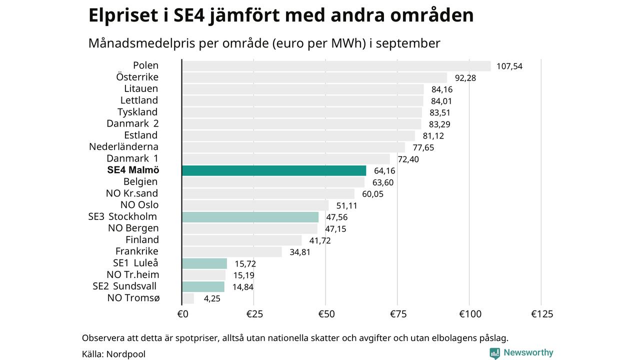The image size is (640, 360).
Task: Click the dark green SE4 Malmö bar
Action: pyautogui.click(x=274, y=170)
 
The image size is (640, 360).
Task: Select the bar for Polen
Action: pyautogui.click(x=336, y=66)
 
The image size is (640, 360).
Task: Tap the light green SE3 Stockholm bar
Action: pyautogui.click(x=250, y=217)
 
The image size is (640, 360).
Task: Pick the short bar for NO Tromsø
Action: pyautogui.click(x=188, y=298)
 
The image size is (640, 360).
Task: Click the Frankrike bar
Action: pyautogui.click(x=231, y=251)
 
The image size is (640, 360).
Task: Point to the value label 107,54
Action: pyautogui.click(x=509, y=66)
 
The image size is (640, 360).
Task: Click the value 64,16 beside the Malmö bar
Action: pyautogui.click(x=384, y=171)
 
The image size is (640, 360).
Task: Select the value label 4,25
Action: pyautogui.click(x=212, y=298)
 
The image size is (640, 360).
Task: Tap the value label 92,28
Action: pyautogui.click(x=465, y=77)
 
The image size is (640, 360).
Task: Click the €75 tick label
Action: pyautogui.click(x=397, y=314)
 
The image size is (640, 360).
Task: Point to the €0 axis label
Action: pyautogui.click(x=182, y=314)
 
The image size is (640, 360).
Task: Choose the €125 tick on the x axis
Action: pyautogui.click(x=542, y=314)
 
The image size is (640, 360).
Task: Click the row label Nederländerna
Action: pyautogui.click(x=123, y=147)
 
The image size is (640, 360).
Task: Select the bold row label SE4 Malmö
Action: pyautogui.click(x=132, y=170)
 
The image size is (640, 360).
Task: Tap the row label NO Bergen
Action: pyautogui.click(x=133, y=228)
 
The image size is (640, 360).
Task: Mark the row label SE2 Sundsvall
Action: pyautogui.click(x=124, y=286)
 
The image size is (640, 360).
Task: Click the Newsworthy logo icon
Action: pyautogui.click(x=494, y=353)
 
